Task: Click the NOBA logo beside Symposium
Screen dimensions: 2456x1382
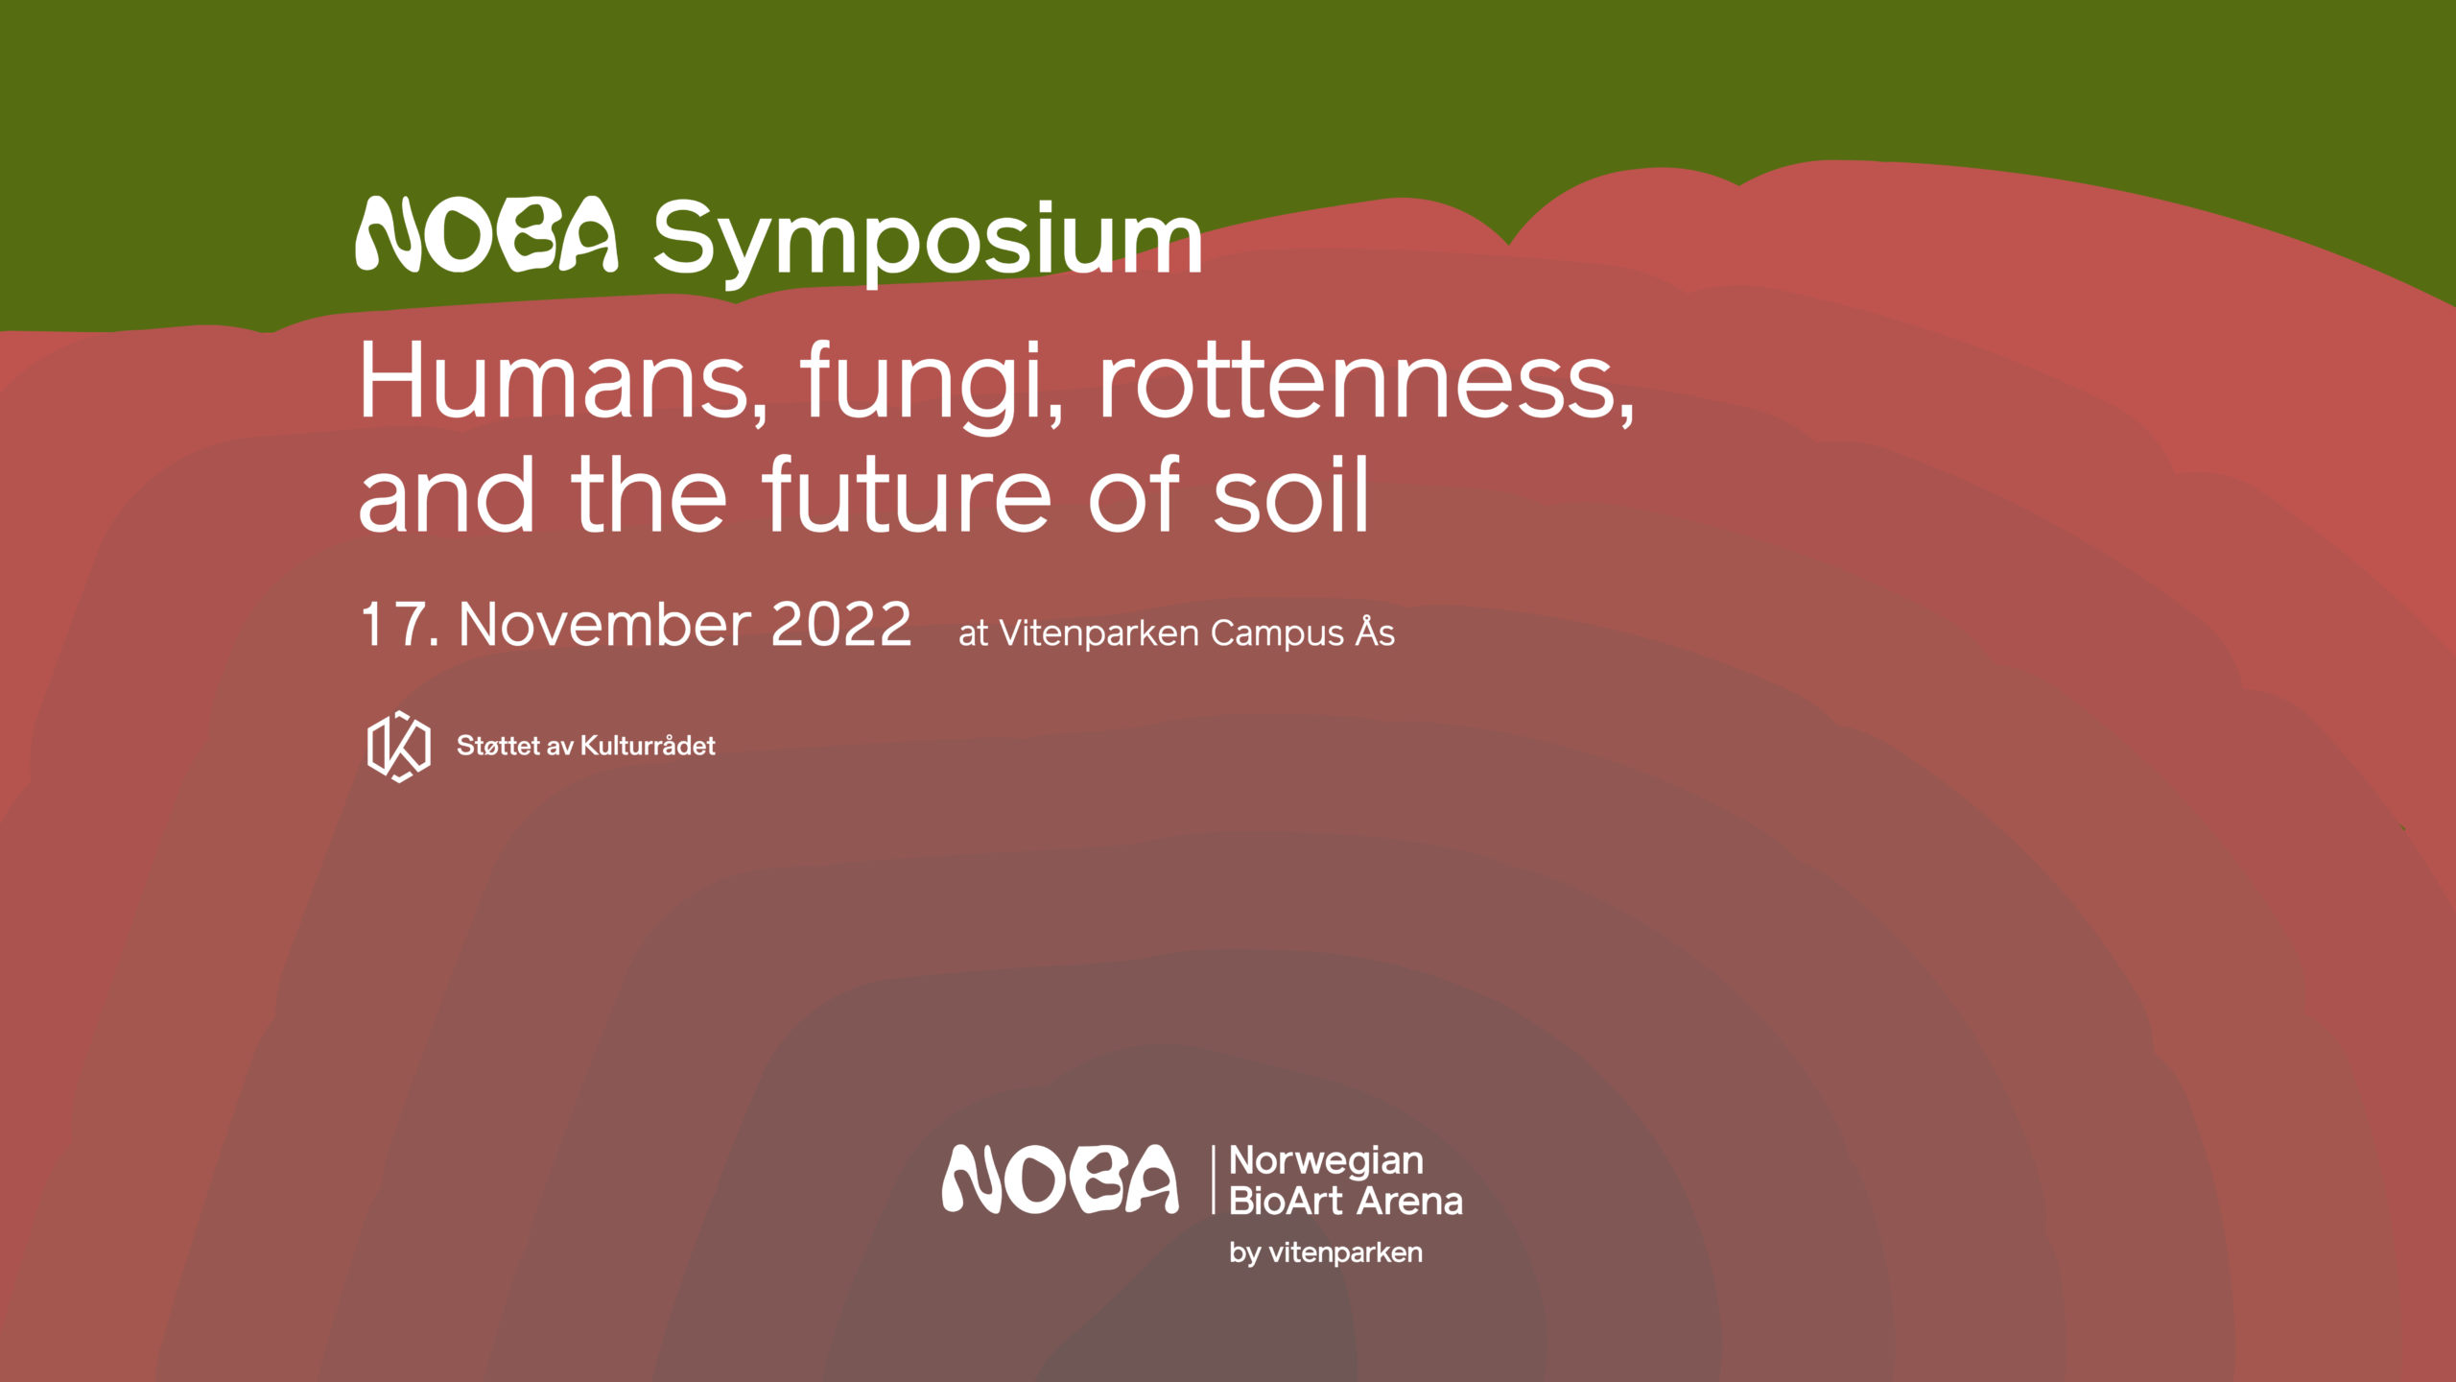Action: point(486,235)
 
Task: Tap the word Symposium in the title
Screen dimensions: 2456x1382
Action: point(928,242)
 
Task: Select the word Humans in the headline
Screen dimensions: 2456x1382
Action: point(563,382)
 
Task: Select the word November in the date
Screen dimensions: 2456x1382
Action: point(604,625)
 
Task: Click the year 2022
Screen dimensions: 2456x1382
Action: point(840,625)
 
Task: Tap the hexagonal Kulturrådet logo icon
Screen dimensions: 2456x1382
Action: point(399,747)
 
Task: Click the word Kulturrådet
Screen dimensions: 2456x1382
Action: point(649,746)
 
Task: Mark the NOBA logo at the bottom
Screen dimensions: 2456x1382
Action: point(1060,1179)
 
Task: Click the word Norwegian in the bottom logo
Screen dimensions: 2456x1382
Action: point(1326,1162)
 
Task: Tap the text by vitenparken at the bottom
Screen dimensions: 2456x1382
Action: point(1326,1253)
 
